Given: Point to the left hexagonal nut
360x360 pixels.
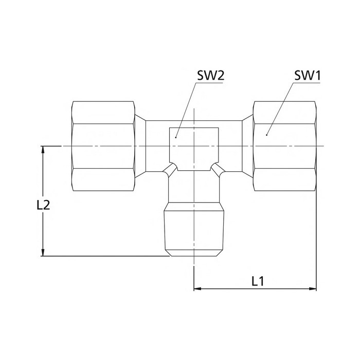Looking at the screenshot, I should [104, 147].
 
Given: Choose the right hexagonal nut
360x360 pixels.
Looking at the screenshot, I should [284, 147].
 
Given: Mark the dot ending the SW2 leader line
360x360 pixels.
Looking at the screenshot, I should [175, 137].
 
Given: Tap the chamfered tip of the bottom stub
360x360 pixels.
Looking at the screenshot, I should [194, 253].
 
